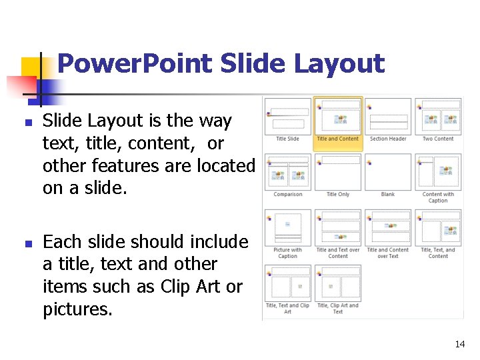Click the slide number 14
460,344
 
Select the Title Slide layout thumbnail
288,117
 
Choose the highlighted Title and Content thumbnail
337,117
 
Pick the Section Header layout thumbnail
388,117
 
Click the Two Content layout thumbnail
438,117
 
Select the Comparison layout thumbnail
288,172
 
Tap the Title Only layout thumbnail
337,172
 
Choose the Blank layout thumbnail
388,172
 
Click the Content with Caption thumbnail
438,172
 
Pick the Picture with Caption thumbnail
288,228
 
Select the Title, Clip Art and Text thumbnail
337,283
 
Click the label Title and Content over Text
388,253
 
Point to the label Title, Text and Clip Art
288,308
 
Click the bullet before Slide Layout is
29,123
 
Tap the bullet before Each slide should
29,244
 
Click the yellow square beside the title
31,67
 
